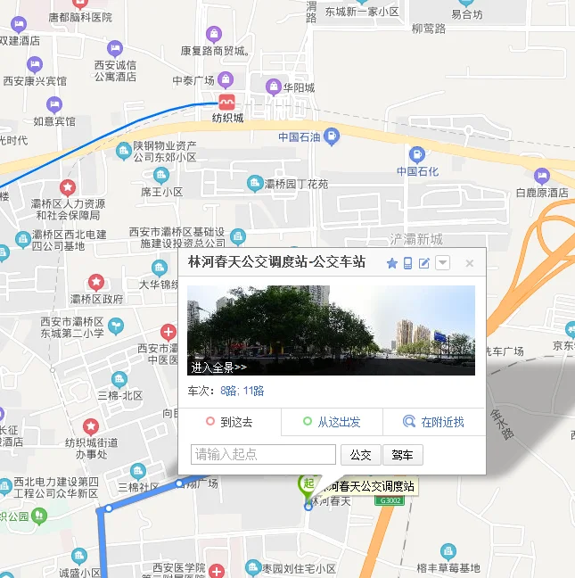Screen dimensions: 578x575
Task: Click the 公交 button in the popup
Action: click(x=360, y=455)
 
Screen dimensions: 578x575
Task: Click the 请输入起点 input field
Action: click(x=263, y=455)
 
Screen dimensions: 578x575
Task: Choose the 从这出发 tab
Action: click(x=332, y=422)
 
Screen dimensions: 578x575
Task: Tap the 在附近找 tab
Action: click(x=434, y=422)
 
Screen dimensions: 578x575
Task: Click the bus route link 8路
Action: click(x=229, y=391)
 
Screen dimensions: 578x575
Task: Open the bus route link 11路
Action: click(x=253, y=391)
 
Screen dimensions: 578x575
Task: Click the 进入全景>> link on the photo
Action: click(x=219, y=367)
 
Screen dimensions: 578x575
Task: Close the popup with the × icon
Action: click(x=470, y=263)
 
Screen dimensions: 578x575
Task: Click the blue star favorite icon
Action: click(x=392, y=263)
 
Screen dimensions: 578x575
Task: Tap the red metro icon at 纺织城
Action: click(x=227, y=102)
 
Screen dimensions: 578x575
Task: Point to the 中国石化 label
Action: click(x=418, y=171)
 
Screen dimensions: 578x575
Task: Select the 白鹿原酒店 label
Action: click(x=542, y=193)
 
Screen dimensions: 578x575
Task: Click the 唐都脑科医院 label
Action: click(x=80, y=17)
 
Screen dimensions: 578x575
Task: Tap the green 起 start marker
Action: click(x=308, y=483)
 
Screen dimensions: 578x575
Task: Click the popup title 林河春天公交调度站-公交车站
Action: click(x=276, y=262)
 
